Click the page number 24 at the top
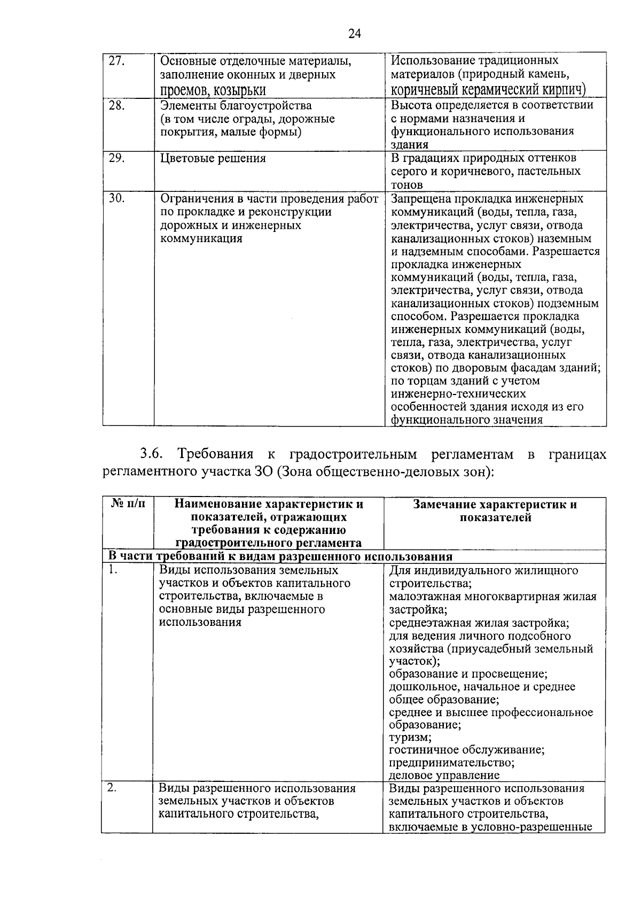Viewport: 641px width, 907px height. (x=355, y=34)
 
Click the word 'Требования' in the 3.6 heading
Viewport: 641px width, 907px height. (x=216, y=455)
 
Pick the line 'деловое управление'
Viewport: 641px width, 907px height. (x=444, y=776)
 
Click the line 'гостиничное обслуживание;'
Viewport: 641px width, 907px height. (x=467, y=750)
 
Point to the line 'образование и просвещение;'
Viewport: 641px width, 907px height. (x=468, y=674)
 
